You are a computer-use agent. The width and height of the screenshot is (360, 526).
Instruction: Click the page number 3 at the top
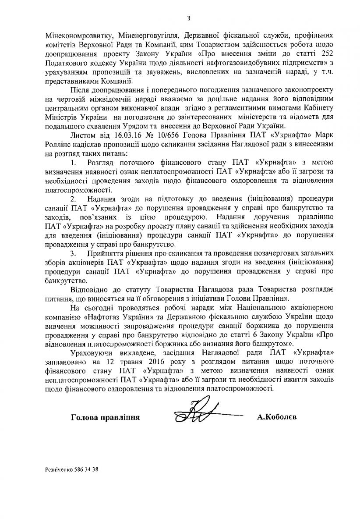pos(188,18)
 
